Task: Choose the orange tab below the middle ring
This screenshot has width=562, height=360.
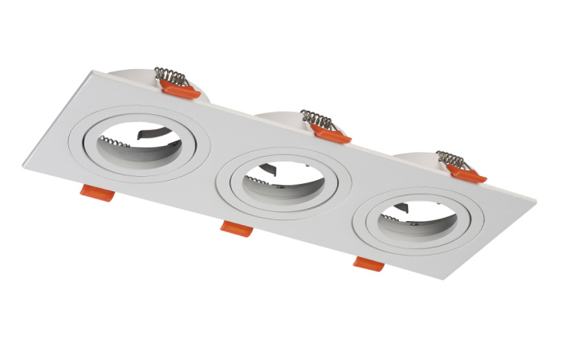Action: (x=237, y=229)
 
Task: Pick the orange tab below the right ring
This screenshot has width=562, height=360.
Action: (x=368, y=262)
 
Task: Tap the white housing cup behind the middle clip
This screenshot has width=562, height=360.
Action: (x=281, y=119)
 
